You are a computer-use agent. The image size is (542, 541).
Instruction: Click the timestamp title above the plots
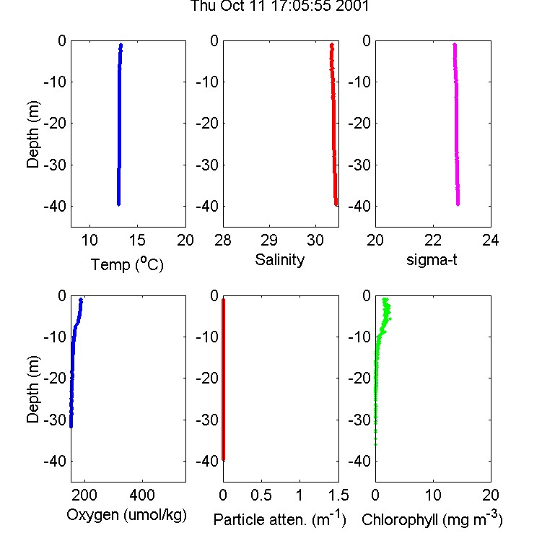tap(280, 6)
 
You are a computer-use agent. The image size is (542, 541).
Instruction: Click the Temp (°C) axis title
tap(127, 264)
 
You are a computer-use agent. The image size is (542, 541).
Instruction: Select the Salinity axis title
tap(279, 260)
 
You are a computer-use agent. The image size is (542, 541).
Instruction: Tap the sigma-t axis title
tap(432, 259)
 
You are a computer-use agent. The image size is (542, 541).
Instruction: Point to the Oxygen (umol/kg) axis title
tap(126, 515)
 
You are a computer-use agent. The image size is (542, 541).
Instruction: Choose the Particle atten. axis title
tap(279, 519)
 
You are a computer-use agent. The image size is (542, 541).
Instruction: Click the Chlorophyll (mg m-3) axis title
tap(432, 519)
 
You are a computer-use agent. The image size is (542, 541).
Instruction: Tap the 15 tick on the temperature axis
tap(137, 240)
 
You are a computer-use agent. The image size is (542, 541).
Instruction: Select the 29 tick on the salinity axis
tap(269, 240)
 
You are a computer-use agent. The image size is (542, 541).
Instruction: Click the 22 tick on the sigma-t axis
tap(433, 240)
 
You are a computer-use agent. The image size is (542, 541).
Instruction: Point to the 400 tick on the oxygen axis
tap(142, 495)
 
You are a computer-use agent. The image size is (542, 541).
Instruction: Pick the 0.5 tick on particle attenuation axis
tap(261, 495)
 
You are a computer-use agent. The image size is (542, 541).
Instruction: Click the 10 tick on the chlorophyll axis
tap(433, 495)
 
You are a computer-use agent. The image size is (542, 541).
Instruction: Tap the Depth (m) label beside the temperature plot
tap(33, 134)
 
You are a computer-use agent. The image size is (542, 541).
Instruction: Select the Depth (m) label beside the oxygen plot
tap(33, 389)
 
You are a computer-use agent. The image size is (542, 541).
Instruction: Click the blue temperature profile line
tap(119, 124)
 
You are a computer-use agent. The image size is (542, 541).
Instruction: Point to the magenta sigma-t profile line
tap(456, 124)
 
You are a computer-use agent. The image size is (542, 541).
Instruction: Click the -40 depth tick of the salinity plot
tap(207, 206)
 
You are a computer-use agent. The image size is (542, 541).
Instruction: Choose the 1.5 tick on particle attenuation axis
tap(338, 495)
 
